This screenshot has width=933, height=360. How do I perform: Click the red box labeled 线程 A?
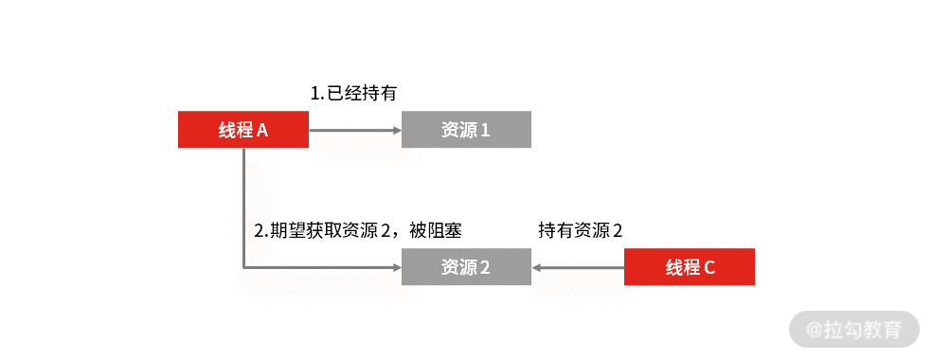point(243,130)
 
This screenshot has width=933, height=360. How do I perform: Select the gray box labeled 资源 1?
point(466,130)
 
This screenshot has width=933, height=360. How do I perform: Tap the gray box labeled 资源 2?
point(466,267)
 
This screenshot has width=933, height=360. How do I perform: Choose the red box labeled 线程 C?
point(689,267)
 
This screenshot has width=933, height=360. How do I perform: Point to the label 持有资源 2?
point(581,230)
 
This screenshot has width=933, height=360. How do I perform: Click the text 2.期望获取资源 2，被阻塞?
point(358,230)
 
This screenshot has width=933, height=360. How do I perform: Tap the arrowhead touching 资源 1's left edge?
point(396,130)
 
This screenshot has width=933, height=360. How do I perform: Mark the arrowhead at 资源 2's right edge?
point(537,267)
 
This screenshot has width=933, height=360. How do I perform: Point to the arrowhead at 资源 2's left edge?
point(396,267)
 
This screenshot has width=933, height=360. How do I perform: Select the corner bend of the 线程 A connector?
point(243,267)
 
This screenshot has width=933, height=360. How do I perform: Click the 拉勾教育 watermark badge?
point(854,329)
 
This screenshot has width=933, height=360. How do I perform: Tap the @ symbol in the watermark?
point(814,330)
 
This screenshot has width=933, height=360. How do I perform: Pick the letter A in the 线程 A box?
point(262,131)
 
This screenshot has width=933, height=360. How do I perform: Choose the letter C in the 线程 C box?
point(709,268)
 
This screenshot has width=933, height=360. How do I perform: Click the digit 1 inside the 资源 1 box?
point(485,131)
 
